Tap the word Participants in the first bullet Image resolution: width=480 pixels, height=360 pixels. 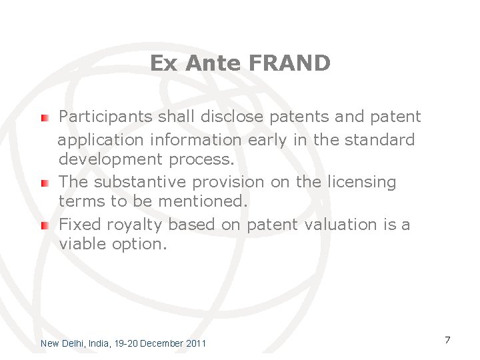106,117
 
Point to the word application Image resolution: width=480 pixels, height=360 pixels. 101,141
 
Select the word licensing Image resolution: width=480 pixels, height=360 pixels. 364,182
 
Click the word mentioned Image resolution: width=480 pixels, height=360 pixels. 209,201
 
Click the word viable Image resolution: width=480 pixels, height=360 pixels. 81,244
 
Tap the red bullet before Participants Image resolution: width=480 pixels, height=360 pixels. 44,118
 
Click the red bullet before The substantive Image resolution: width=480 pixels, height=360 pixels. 44,183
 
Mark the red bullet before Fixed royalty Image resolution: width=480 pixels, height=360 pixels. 44,225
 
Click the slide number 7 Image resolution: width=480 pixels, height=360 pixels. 447,340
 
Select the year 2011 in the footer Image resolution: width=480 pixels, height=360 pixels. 195,343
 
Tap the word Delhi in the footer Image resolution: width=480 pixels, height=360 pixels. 73,343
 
